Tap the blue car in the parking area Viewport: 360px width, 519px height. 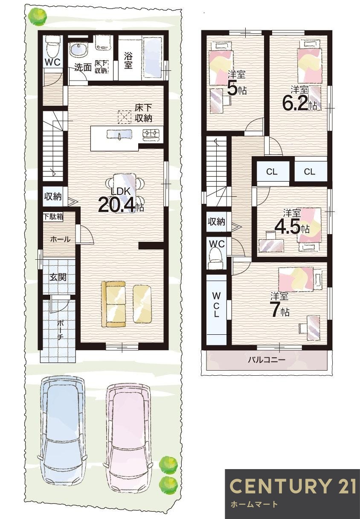tap(62, 431)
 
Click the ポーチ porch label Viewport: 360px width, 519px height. tap(60, 329)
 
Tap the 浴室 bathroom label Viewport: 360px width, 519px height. tap(128, 60)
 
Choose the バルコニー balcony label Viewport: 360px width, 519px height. tap(267, 360)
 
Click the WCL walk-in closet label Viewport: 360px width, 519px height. tap(217, 304)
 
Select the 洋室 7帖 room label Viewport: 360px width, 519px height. tap(280, 305)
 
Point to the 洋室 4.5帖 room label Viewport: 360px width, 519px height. tap(292, 223)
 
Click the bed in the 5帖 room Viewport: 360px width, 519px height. tap(221, 64)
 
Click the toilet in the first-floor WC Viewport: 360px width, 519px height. tap(52, 44)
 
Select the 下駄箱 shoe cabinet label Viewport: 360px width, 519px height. tap(53, 216)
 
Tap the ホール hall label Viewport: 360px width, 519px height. tap(60, 240)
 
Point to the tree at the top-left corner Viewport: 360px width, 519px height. tap(38, 16)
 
